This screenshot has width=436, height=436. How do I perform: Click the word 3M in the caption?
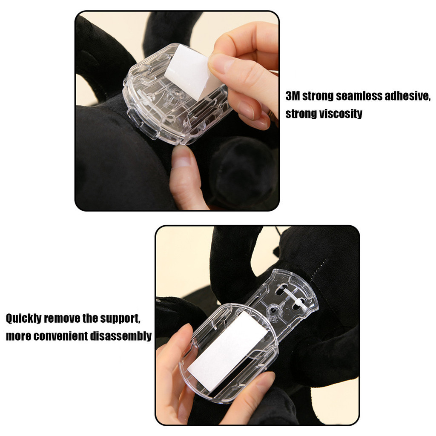pyautogui.click(x=293, y=96)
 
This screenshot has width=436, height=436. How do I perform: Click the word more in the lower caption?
pyautogui.click(x=18, y=336)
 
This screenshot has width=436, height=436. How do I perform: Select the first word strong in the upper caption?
pyautogui.click(x=318, y=97)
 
